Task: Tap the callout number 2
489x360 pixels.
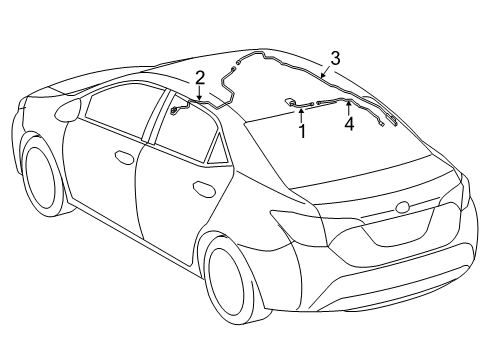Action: [200, 77]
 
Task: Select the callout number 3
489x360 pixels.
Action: [336, 56]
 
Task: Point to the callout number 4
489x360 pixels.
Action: [349, 125]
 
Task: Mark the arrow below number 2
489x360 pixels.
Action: [200, 93]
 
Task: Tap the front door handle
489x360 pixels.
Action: [124, 157]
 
